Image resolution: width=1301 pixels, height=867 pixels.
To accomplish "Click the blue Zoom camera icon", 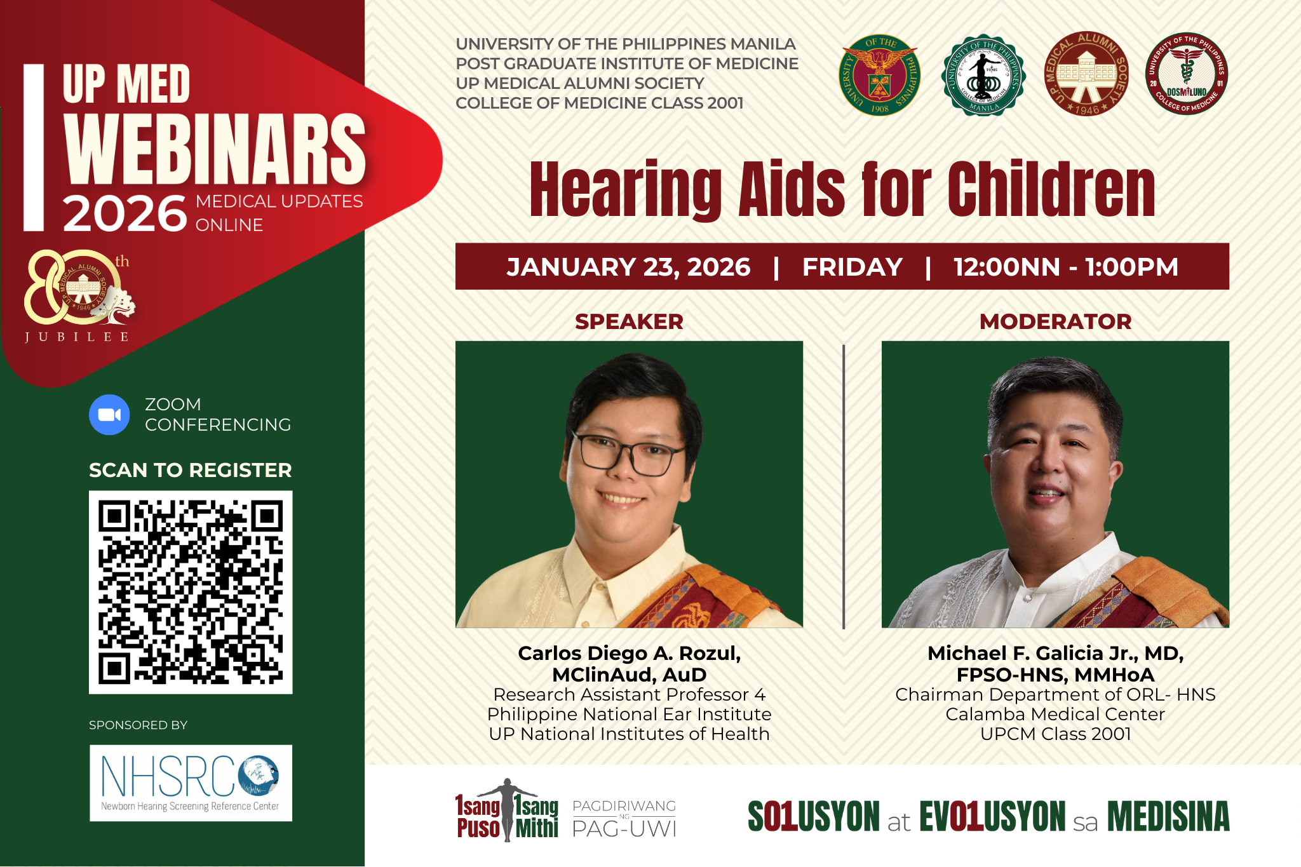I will pos(109,415).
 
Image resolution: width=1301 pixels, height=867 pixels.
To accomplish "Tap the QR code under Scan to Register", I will pos(191,592).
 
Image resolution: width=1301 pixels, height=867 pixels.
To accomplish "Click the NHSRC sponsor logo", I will pos(191,783).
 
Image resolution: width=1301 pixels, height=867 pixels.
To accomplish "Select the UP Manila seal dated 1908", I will pos(880,75).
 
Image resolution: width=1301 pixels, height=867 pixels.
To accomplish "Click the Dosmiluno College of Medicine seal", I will pos(1186,74).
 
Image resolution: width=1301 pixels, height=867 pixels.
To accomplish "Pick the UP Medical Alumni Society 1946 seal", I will pos(1086,74).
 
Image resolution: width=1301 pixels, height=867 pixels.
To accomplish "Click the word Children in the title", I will pos(1051,190).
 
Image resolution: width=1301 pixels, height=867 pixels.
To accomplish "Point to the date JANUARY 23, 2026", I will pos(628,267).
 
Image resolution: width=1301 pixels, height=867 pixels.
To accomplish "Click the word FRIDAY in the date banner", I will pos(852,267).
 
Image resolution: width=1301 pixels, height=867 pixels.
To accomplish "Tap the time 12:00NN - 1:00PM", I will pos(1065,267).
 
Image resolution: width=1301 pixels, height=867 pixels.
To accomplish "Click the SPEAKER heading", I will pos(629,321).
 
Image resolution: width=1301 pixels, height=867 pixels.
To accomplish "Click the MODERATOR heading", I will pos(1055,321).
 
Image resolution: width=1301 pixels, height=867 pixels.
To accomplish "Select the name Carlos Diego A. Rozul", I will pos(629,653).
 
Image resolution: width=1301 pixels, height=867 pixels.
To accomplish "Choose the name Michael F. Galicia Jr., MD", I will pos(1055,653).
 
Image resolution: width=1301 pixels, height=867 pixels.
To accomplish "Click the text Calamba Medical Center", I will pos(1055,714).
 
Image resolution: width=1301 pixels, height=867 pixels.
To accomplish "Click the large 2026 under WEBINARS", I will pos(125,214).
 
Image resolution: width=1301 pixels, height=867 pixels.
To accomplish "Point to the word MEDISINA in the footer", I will pos(1168,817).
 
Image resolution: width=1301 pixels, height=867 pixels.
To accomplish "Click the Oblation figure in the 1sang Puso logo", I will pos(507,810).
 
